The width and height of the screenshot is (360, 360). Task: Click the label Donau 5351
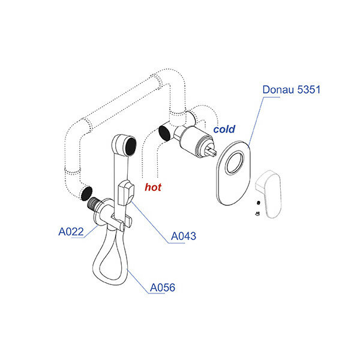click(291, 90)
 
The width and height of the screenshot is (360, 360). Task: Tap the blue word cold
click(224, 129)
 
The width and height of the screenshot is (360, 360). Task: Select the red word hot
click(153, 187)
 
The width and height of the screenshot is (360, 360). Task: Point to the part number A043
click(184, 236)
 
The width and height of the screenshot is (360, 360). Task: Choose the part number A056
click(162, 288)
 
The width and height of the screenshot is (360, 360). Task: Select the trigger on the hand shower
click(126, 192)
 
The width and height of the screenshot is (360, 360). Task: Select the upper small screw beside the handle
click(257, 202)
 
